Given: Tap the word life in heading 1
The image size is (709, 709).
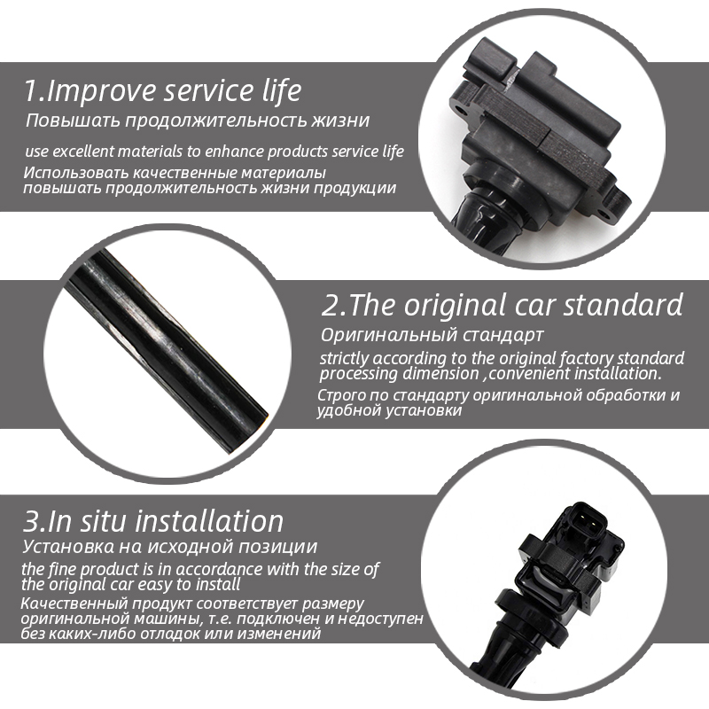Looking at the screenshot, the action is (281, 90).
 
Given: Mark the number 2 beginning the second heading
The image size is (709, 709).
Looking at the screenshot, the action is (330, 305).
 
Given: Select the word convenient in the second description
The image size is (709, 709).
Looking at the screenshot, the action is (530, 374).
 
